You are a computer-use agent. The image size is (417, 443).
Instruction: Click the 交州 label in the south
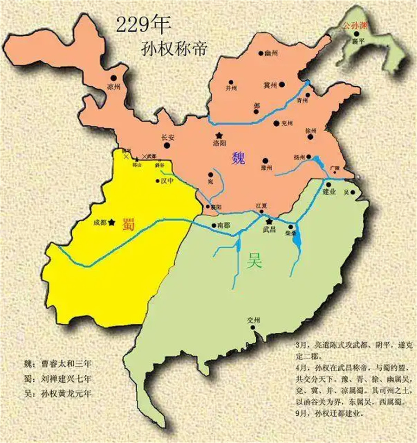pos(254,321)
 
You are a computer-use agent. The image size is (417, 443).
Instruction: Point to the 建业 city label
pos(329,192)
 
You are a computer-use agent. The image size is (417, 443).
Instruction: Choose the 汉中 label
pos(166,181)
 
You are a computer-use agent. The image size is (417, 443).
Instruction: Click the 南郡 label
pos(223,225)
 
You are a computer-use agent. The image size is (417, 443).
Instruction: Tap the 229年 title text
pos(139,26)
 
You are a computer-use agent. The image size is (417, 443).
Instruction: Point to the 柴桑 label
pos(291,234)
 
